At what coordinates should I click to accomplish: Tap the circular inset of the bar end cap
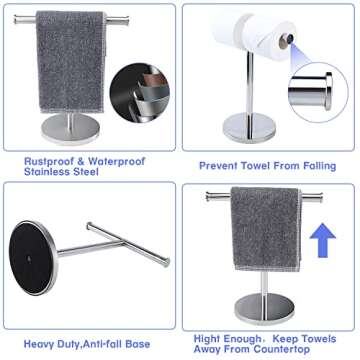(x=309, y=89)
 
